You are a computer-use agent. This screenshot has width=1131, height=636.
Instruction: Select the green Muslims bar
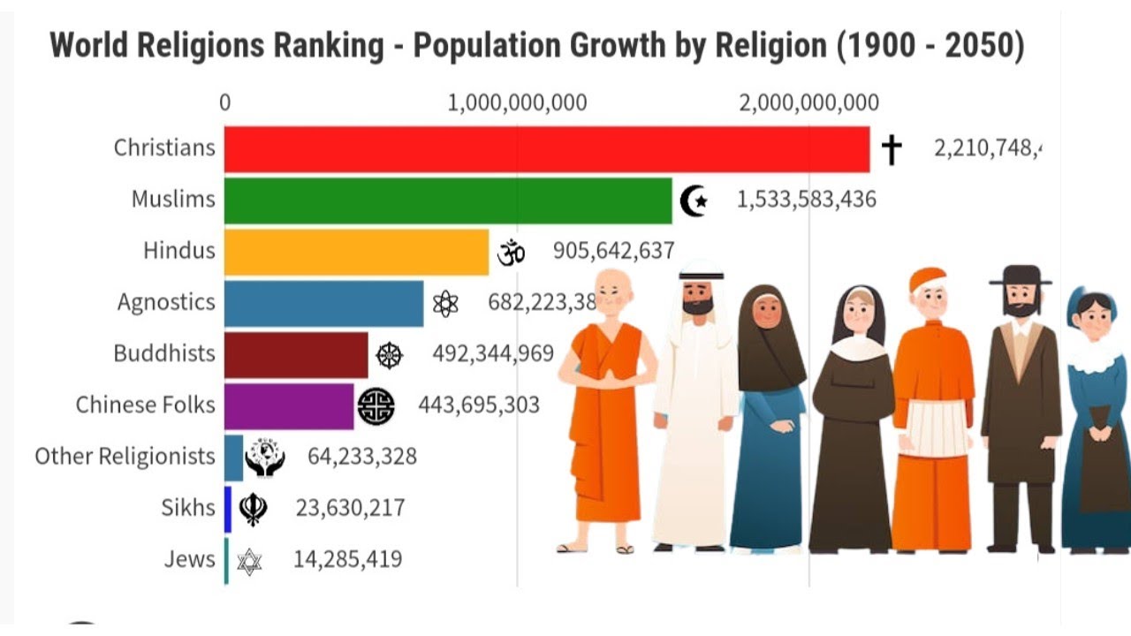point(447,201)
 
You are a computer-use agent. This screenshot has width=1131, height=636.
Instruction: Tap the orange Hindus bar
point(356,252)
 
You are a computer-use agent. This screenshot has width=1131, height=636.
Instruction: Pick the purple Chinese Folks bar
point(289,405)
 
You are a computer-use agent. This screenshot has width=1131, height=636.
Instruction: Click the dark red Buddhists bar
point(296,354)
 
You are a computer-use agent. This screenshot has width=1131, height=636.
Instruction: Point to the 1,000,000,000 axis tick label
point(517,102)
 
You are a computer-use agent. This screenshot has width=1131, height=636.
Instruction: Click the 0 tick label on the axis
point(225,102)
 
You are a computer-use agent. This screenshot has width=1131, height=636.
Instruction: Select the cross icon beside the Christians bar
point(892,149)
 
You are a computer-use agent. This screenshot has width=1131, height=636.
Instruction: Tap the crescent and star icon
point(695,201)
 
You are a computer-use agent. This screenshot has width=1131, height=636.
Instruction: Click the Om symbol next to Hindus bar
point(511,253)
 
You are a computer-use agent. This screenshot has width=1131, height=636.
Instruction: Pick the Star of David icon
point(249,560)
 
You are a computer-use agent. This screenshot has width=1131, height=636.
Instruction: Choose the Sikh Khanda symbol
point(254,509)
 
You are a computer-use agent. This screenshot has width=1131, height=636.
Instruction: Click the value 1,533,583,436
point(806,200)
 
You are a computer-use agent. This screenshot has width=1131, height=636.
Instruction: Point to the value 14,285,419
point(335,559)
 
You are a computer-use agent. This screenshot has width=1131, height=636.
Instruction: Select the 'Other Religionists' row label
point(125,457)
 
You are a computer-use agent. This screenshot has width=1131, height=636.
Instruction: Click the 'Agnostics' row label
point(166,302)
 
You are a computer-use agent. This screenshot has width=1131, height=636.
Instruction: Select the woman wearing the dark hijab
point(769,415)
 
